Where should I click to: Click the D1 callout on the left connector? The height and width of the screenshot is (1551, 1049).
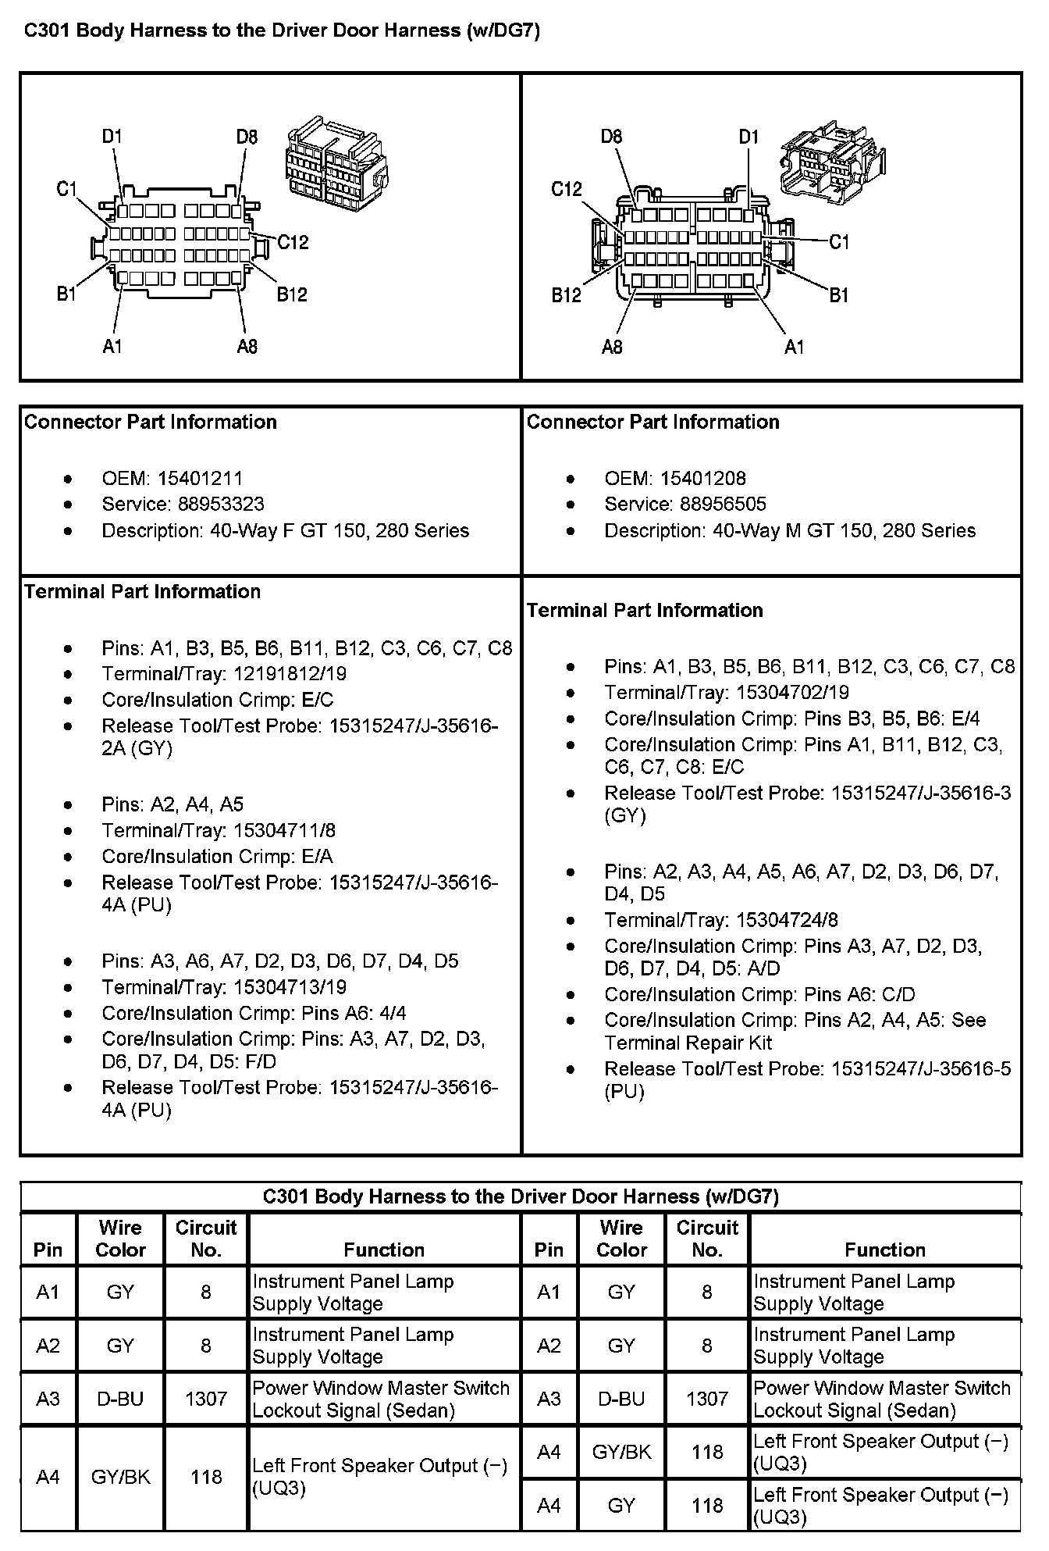point(112,137)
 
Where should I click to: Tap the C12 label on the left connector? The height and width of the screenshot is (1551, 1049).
point(293,242)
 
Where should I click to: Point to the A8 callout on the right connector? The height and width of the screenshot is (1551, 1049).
point(612,347)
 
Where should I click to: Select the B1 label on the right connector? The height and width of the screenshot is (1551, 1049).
point(838,295)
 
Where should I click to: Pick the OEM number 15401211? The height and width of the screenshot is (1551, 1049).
point(200,478)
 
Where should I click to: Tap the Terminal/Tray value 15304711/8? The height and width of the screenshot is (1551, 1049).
point(284,830)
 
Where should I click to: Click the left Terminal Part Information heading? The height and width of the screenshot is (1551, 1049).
point(142,591)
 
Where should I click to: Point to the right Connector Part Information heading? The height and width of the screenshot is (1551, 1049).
point(653,422)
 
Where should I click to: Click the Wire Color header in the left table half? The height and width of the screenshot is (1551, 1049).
point(120,1239)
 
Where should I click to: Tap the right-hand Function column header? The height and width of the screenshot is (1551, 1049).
point(884,1250)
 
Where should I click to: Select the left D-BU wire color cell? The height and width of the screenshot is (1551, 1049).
point(120,1399)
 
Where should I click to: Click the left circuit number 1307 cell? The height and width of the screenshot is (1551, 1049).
point(206,1399)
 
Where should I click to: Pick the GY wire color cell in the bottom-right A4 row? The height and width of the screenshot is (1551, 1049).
point(621,1505)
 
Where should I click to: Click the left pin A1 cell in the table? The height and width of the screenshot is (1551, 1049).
point(48,1292)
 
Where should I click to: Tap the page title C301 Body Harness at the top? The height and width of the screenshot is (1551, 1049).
point(282,30)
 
